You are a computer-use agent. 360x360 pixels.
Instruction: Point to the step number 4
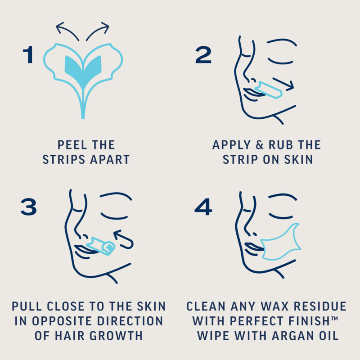[x=203, y=207]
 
